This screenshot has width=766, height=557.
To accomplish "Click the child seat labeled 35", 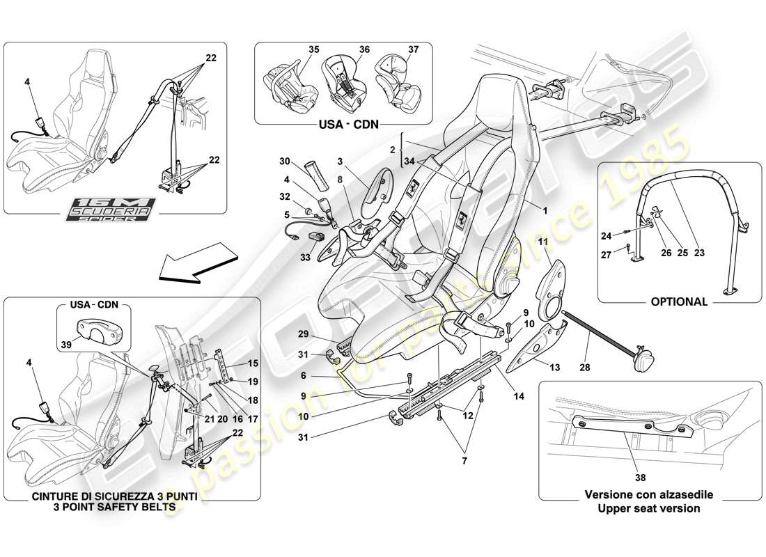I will click(288, 86).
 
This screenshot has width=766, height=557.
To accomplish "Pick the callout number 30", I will click(285, 162).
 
